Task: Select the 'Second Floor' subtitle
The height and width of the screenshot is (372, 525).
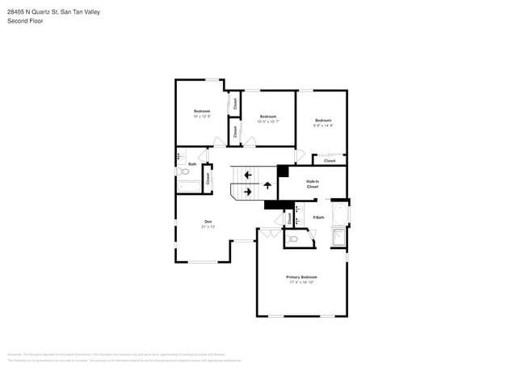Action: pyautogui.click(x=26, y=21)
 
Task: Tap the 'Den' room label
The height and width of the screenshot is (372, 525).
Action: pyautogui.click(x=208, y=222)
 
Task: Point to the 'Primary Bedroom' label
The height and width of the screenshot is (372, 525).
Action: pyautogui.click(x=301, y=277)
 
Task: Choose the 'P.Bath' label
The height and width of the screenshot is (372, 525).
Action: pyautogui.click(x=320, y=217)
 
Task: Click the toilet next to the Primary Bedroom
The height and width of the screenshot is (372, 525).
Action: pyautogui.click(x=293, y=239)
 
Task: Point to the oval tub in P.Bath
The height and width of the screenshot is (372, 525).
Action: pyautogui.click(x=339, y=215)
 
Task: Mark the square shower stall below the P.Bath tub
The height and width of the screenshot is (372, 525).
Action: pyautogui.click(x=338, y=236)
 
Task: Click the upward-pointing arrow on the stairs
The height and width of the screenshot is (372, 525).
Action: pyautogui.click(x=267, y=185)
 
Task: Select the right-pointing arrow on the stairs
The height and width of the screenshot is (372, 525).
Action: pyautogui.click(x=248, y=192)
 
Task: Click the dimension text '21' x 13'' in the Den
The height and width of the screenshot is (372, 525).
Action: pyautogui.click(x=208, y=227)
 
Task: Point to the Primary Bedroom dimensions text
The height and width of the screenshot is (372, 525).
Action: pyautogui.click(x=301, y=283)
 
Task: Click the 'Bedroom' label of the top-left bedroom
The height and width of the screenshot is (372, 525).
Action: pyautogui.click(x=202, y=111)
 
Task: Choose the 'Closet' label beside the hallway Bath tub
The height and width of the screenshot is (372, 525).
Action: pyautogui.click(x=208, y=179)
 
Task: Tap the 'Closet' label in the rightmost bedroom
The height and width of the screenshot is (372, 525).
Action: pyautogui.click(x=330, y=161)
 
